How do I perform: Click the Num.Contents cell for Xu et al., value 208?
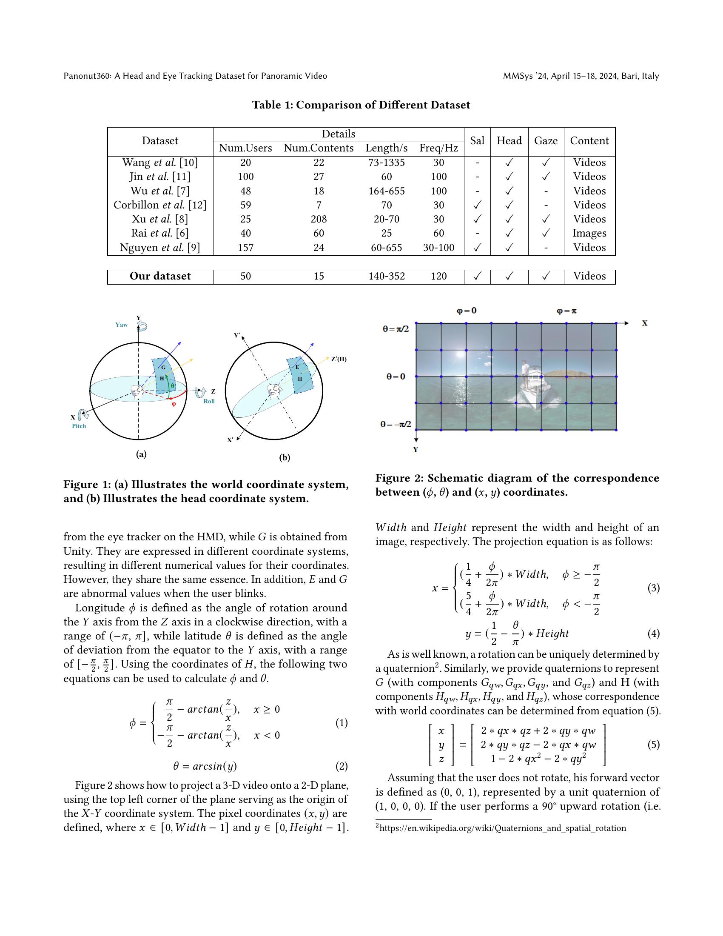pos(319,219)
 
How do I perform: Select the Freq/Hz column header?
pos(438,148)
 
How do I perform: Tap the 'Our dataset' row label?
pos(160,276)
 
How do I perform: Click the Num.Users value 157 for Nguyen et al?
pos(245,248)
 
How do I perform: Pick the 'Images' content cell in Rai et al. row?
pos(589,233)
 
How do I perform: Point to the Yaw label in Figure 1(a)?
pos(121,325)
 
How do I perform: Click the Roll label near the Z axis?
pos(209,402)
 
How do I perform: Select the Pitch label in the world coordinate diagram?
pos(79,426)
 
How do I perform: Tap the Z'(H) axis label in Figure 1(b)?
pos(339,359)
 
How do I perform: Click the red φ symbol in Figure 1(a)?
pos(174,404)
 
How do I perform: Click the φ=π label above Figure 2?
pos(566,311)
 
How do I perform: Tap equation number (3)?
pos(653,588)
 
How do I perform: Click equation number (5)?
pos(653,745)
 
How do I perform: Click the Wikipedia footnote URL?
pos(502,828)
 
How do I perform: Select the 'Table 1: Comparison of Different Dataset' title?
pos(361,105)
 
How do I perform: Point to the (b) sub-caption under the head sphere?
pos(285,458)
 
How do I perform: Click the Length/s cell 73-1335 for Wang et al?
pos(386,163)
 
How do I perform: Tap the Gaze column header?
pos(546,141)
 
